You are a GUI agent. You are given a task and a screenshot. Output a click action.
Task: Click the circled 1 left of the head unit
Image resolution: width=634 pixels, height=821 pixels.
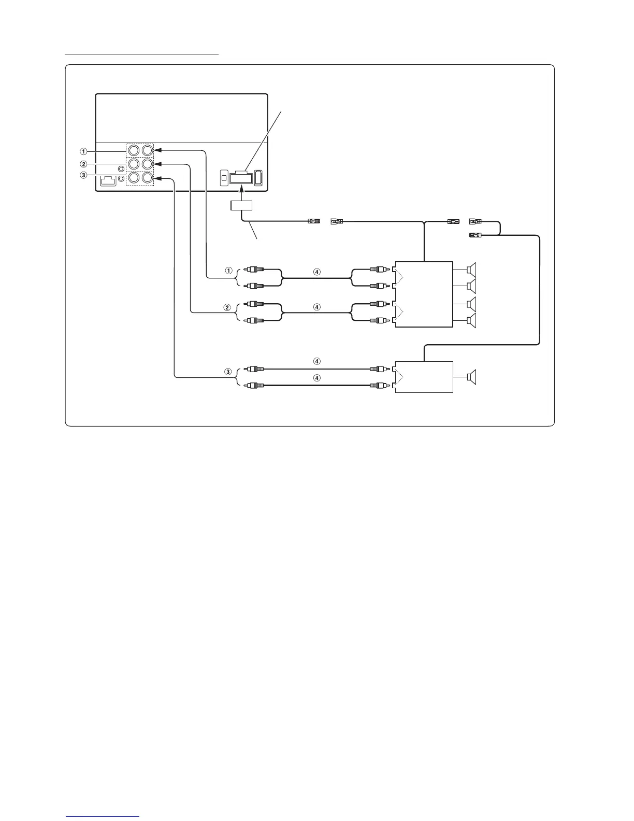83,152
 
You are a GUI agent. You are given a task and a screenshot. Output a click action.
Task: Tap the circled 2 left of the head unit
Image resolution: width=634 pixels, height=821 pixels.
83,164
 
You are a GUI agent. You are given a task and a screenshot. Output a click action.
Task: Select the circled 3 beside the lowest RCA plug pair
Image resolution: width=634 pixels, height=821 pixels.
227,372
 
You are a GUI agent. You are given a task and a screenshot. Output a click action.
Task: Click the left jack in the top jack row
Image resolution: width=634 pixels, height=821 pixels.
134,150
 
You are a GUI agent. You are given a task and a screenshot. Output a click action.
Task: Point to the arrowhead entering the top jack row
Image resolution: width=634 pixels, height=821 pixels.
158,150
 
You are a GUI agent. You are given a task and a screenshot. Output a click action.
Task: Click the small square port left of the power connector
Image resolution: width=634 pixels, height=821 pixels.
224,178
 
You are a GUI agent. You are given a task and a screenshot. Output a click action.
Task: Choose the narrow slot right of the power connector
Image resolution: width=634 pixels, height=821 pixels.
258,177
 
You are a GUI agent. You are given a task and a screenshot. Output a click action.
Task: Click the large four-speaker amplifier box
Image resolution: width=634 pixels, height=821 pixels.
424,294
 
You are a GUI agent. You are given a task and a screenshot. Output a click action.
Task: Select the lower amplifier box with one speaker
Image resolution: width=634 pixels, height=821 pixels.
424,377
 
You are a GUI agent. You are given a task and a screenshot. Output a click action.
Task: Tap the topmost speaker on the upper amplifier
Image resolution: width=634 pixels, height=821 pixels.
471,270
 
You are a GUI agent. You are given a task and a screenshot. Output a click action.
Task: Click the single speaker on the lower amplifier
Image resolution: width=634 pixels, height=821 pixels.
471,377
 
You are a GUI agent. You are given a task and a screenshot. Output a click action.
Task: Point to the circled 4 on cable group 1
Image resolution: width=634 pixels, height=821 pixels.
318,271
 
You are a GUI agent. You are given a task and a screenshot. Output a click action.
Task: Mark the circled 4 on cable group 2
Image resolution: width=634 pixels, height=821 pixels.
318,307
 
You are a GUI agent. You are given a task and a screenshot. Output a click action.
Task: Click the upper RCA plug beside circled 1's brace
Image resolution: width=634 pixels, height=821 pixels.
256,270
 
